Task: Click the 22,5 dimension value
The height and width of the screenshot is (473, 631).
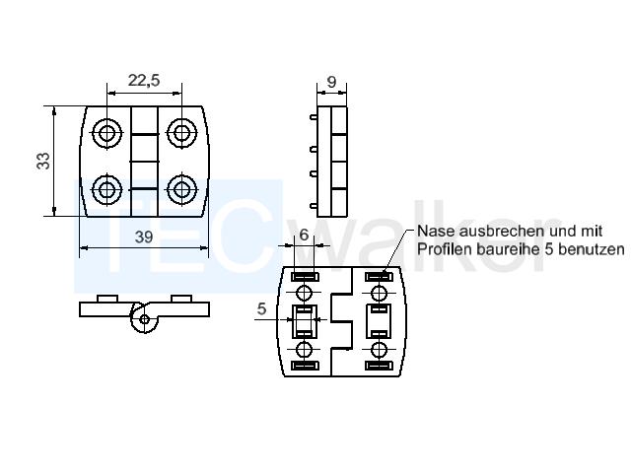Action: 144,81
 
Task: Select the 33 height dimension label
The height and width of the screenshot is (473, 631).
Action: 43,161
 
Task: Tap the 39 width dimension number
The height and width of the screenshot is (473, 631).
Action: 144,236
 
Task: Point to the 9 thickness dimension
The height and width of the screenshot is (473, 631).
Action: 331,82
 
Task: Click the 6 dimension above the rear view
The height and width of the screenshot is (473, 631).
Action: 304,235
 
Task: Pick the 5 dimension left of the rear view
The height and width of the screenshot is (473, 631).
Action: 261,308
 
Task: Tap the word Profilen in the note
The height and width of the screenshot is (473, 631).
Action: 445,249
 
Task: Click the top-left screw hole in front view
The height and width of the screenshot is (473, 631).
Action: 106,132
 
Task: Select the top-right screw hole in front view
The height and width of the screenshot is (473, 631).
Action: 181,132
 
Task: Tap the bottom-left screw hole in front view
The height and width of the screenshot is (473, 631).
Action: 106,188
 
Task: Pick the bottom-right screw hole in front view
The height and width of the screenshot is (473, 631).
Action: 181,188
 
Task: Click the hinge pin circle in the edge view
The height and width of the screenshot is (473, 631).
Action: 145,319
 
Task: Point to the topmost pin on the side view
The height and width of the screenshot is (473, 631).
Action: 314,117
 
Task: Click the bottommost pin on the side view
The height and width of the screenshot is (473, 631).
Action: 314,206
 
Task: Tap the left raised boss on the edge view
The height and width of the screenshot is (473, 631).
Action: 107,299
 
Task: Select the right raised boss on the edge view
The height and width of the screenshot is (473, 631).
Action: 181,299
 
